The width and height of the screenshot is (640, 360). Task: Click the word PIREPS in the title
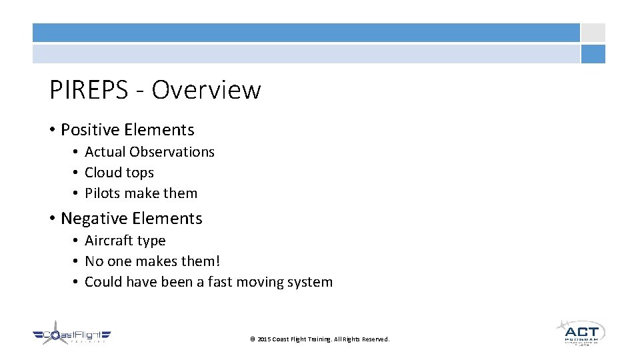pyautogui.click(x=87, y=89)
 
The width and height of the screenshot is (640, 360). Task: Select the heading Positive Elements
pyautogui.click(x=127, y=130)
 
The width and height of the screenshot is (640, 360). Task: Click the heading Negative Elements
pyautogui.click(x=131, y=219)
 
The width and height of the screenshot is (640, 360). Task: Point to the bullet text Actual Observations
pyautogui.click(x=149, y=152)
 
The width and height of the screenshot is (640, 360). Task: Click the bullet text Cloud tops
pyautogui.click(x=119, y=173)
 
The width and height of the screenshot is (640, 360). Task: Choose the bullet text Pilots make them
pyautogui.click(x=141, y=193)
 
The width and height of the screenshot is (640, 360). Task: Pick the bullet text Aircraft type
pyautogui.click(x=125, y=241)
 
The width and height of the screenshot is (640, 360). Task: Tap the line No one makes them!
pyautogui.click(x=152, y=261)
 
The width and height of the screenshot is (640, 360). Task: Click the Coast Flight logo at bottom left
pyautogui.click(x=72, y=335)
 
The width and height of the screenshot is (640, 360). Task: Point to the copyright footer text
pyautogui.click(x=319, y=339)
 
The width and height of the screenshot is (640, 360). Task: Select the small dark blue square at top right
pyautogui.click(x=593, y=54)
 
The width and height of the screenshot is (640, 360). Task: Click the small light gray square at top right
pyautogui.click(x=593, y=33)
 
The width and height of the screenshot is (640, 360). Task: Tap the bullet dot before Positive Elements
pyautogui.click(x=53, y=130)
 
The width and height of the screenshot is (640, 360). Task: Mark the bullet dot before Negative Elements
pyautogui.click(x=53, y=219)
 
